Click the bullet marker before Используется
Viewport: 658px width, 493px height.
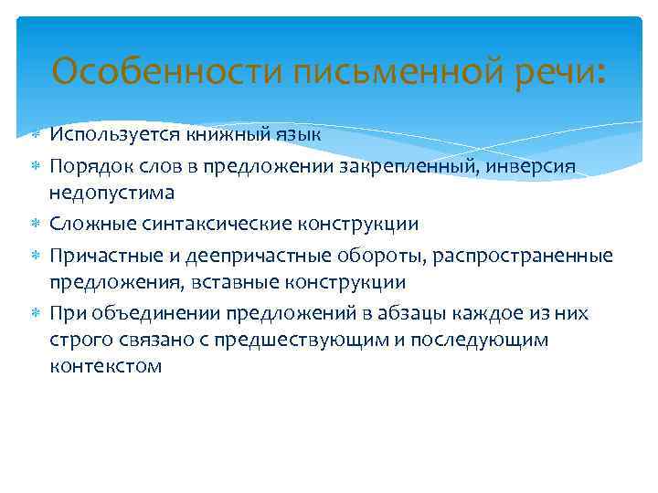[36, 135]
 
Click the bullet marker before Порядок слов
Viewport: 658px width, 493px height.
[36, 165]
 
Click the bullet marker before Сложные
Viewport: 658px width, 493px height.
[36, 224]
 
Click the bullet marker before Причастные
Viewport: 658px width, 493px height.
[36, 254]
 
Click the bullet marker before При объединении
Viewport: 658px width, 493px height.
[36, 313]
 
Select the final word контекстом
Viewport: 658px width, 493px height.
[107, 367]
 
